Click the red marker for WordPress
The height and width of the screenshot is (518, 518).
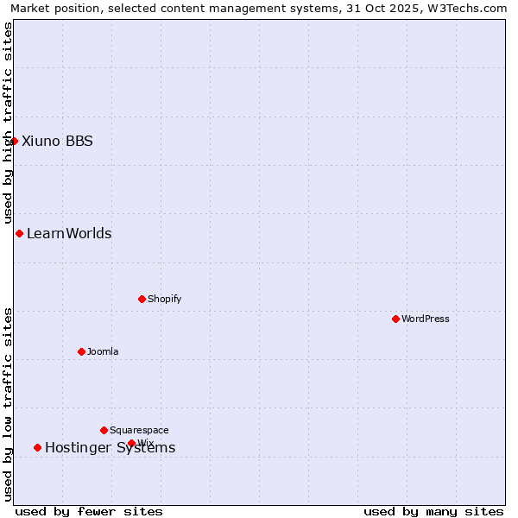(x=395, y=319)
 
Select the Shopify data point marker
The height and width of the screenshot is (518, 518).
(x=142, y=299)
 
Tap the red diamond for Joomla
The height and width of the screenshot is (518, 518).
(x=81, y=351)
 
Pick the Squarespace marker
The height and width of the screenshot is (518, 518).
(x=104, y=430)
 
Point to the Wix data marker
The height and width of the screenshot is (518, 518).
(x=131, y=443)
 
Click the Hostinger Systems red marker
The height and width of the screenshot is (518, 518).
(x=37, y=447)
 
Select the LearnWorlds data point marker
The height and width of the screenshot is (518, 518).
(x=19, y=233)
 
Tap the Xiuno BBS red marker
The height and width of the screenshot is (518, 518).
(x=14, y=141)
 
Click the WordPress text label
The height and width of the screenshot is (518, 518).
(x=426, y=319)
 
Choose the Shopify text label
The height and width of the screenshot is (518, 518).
(x=164, y=299)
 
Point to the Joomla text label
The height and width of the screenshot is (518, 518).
(x=103, y=351)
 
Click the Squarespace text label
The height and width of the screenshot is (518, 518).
(x=139, y=430)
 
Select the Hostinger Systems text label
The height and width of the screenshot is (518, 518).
(x=110, y=447)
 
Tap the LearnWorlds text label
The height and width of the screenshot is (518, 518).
(x=69, y=233)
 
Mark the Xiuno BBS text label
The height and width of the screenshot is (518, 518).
(x=57, y=141)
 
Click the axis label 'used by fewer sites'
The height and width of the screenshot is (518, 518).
(x=89, y=511)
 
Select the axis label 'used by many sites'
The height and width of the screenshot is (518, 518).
(x=433, y=511)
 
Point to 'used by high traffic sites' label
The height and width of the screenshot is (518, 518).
(x=8, y=123)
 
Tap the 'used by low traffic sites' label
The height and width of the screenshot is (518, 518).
(x=8, y=404)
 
